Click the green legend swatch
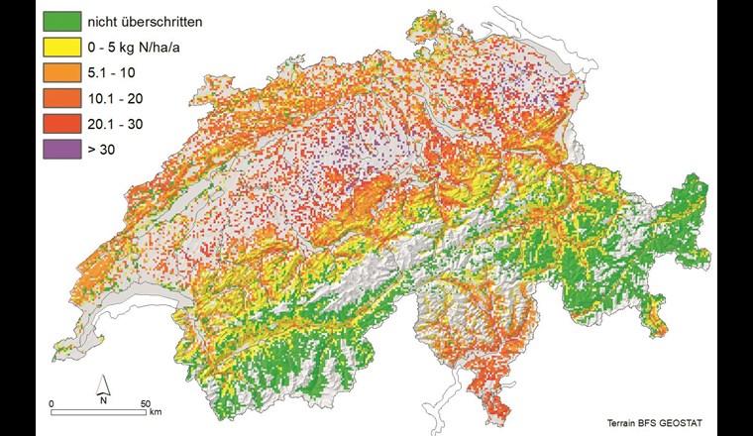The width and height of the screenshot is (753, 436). tap(60, 21)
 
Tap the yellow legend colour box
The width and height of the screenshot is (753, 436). tap(60, 47)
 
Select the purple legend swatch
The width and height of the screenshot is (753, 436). tap(60, 150)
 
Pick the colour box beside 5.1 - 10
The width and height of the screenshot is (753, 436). tap(60, 72)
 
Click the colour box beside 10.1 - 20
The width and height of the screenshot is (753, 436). tap(60, 98)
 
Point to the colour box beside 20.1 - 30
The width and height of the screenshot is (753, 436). tap(60, 124)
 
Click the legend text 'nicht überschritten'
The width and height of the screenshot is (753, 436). tap(148, 21)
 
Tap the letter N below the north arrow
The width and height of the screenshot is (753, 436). tap(103, 400)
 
